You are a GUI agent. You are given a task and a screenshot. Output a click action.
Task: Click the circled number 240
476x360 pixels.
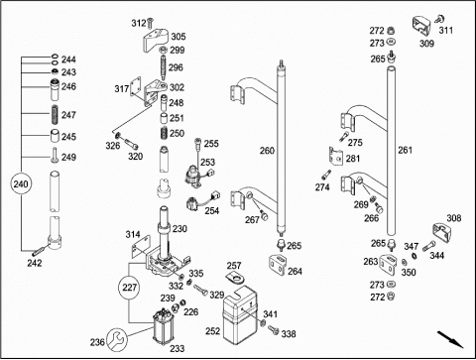[21, 183]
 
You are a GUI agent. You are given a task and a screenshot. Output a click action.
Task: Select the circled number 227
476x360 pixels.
[129, 288]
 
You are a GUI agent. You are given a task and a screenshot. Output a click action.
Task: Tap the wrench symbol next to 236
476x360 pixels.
[117, 339]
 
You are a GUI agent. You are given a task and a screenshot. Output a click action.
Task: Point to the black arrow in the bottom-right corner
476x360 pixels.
[450, 339]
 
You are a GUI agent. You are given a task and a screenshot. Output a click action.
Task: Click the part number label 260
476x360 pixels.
[267, 151]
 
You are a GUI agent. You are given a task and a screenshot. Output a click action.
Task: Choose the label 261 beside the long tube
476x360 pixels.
[405, 151]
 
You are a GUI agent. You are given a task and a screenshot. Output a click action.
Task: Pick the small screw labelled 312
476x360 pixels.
[150, 23]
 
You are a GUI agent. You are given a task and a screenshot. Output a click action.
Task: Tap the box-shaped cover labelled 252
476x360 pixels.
[240, 315]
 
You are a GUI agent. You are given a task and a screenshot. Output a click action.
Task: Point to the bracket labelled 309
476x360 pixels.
[421, 26]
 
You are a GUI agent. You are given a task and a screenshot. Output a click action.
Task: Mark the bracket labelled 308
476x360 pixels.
[442, 234]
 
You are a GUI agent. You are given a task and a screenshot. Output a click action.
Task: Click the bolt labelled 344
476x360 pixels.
[429, 246]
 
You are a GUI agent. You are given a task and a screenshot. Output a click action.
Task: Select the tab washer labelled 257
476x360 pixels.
[236, 278]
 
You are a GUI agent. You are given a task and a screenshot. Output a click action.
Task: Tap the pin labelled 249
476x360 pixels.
[55, 156]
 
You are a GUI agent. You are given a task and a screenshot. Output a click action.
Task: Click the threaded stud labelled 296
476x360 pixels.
[164, 67]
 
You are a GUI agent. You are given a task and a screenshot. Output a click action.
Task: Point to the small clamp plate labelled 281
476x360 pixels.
[336, 156]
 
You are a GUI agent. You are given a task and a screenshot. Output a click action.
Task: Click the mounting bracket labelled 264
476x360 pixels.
[277, 265]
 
